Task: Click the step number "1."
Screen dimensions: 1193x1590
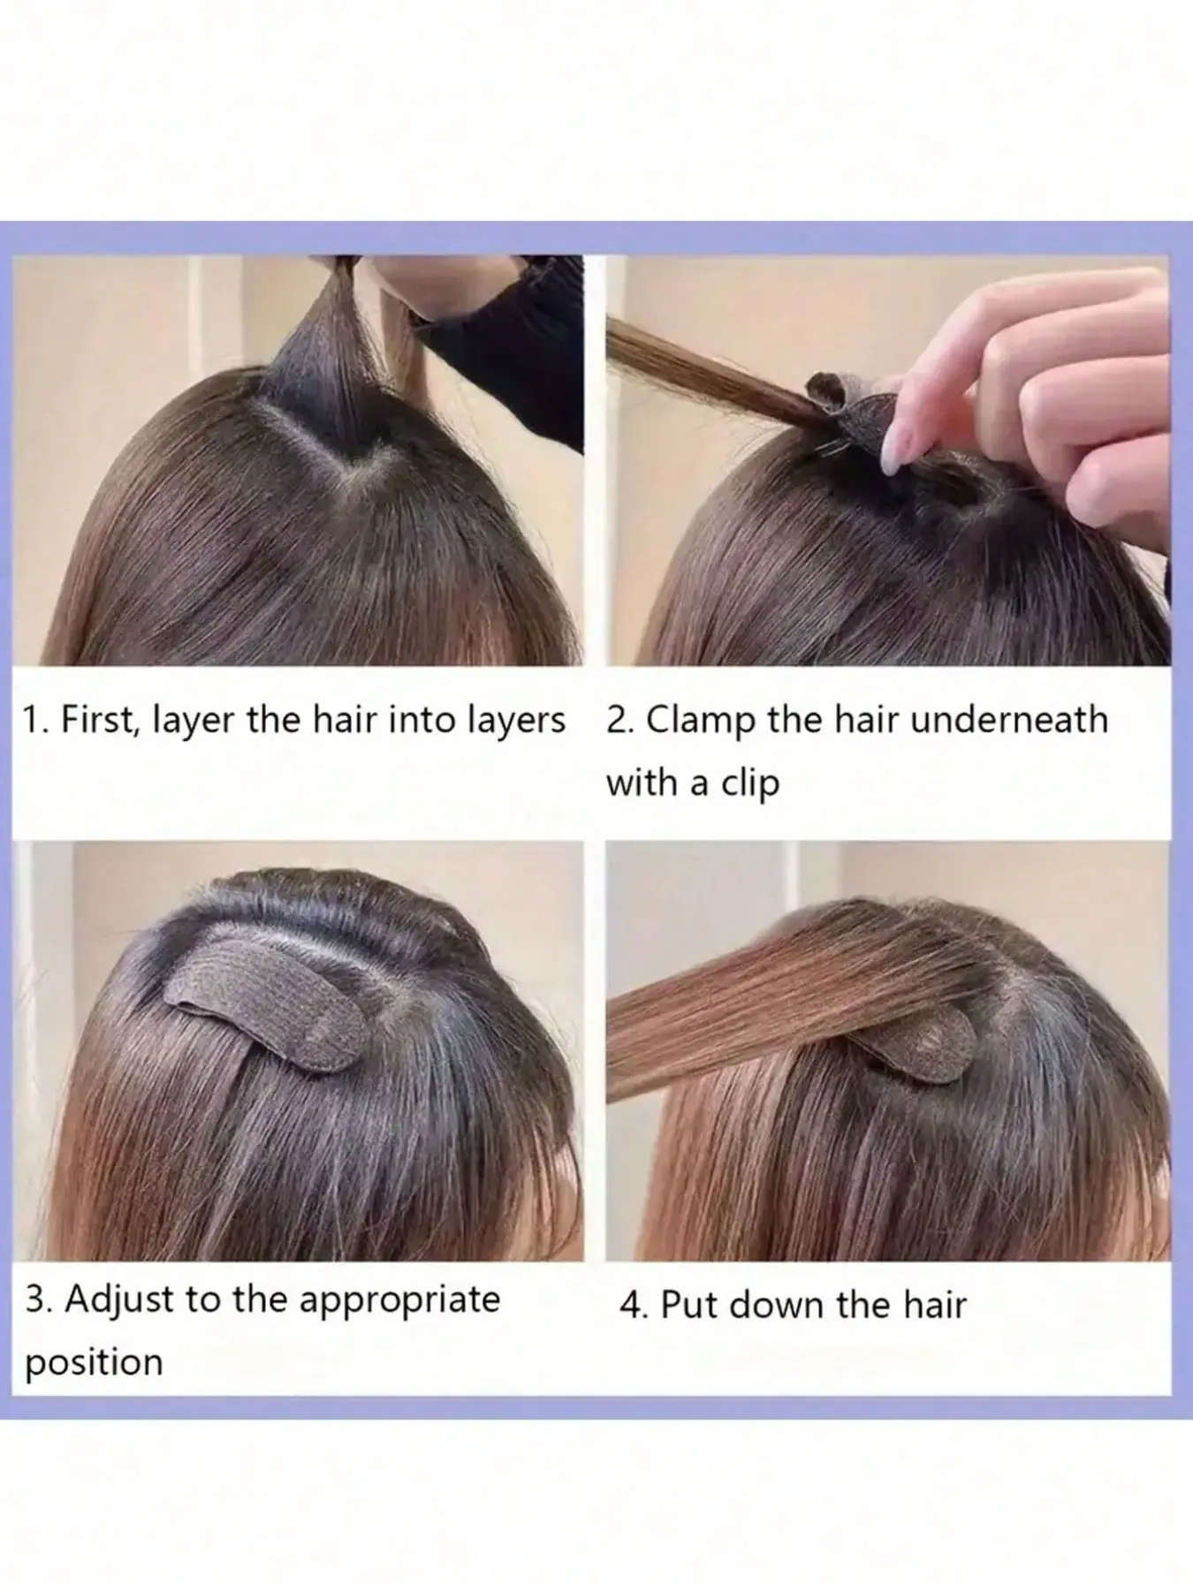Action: tap(37, 721)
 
